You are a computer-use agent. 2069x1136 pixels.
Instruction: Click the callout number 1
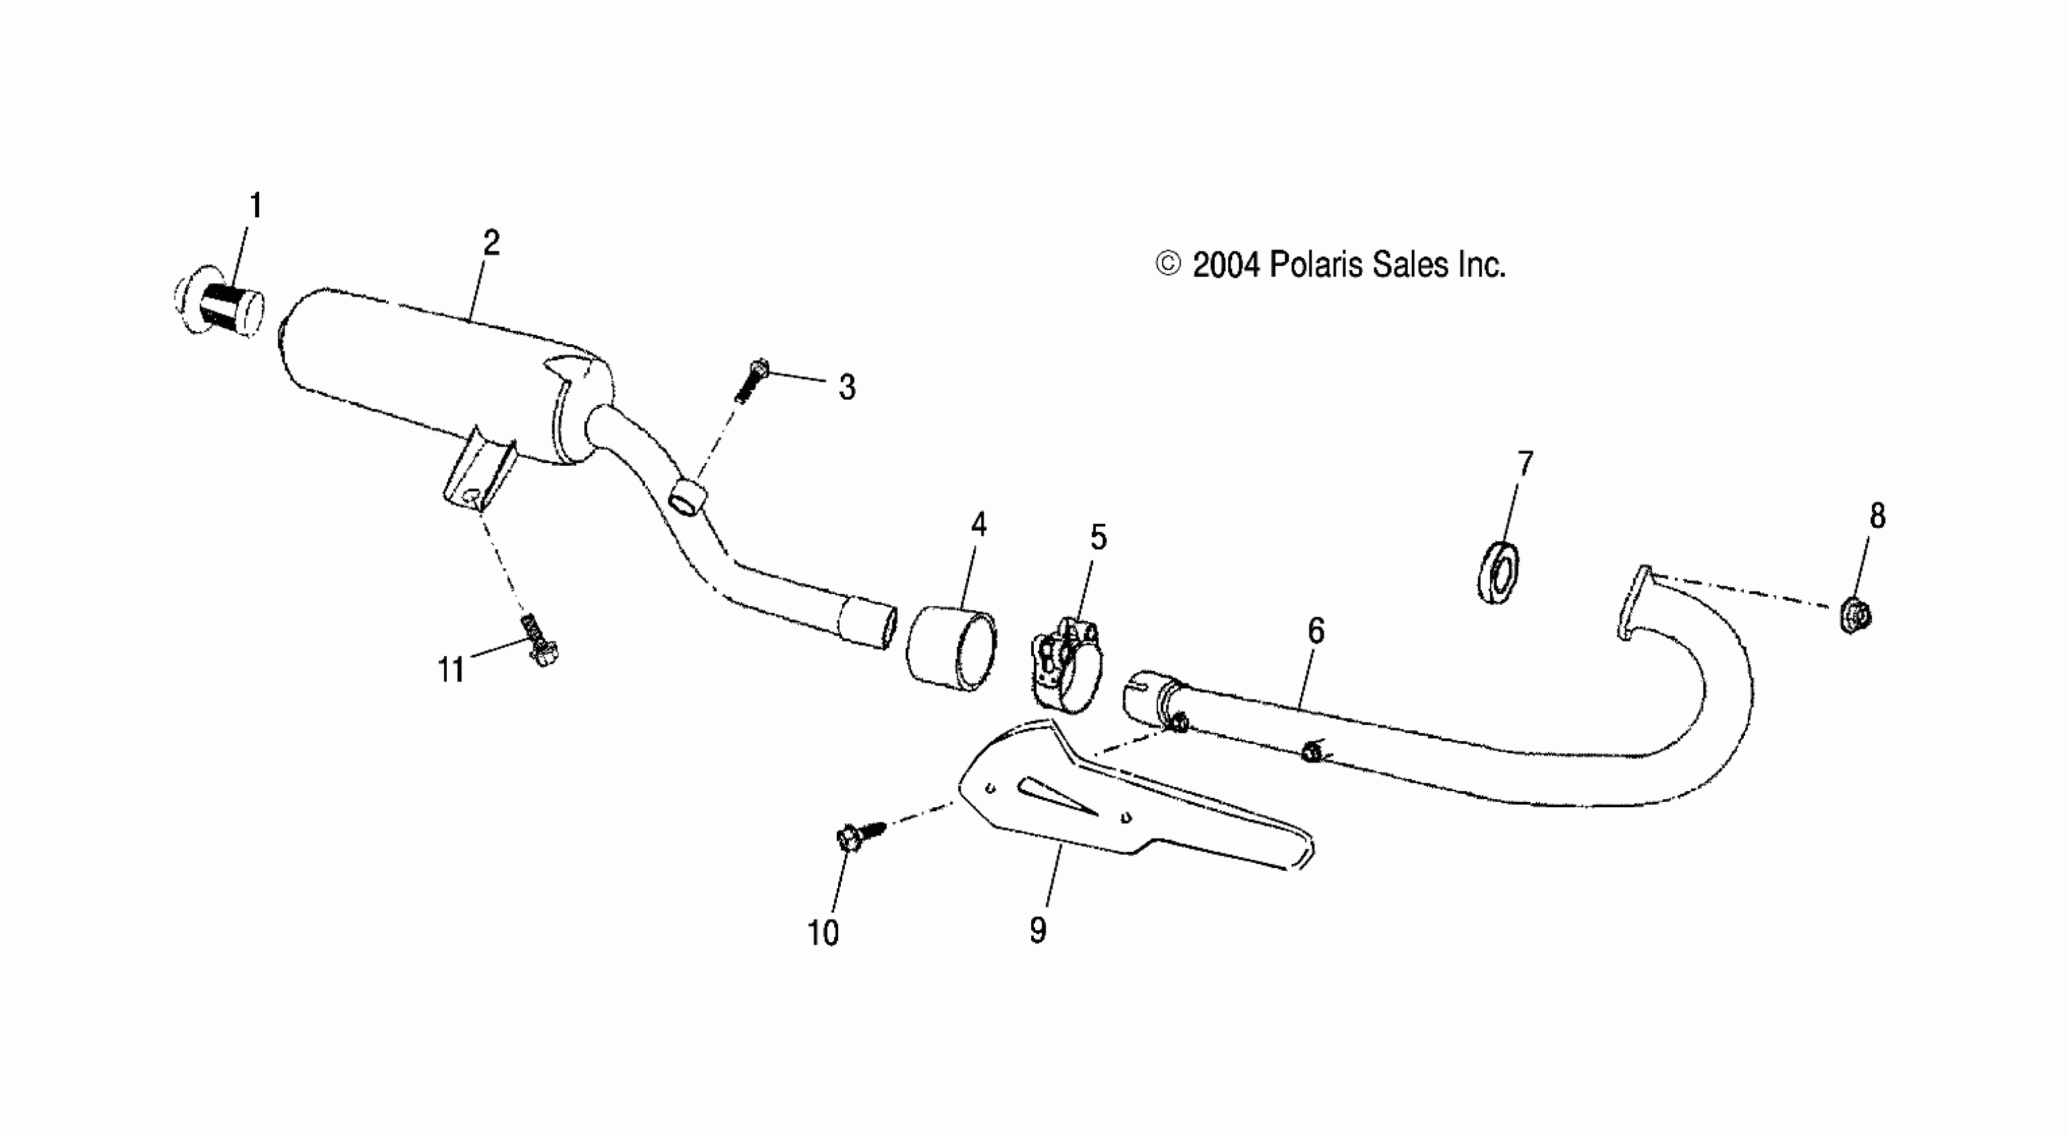[255, 206]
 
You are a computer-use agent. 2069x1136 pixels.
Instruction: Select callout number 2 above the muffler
[491, 243]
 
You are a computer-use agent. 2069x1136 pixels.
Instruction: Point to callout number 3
[847, 387]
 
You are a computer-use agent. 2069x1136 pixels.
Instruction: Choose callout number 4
[978, 525]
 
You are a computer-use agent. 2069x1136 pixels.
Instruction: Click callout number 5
[1098, 537]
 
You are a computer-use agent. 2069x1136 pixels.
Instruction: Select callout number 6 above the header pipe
[1316, 631]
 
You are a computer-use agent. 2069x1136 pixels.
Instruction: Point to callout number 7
[1525, 464]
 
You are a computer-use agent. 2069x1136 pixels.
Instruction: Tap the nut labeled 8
[1855, 615]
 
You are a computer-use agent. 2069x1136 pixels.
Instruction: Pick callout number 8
[1877, 516]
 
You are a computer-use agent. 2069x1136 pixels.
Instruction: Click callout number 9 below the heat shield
[1038, 930]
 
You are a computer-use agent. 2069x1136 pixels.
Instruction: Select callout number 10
[823, 933]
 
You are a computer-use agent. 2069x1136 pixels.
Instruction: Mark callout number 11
[451, 669]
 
